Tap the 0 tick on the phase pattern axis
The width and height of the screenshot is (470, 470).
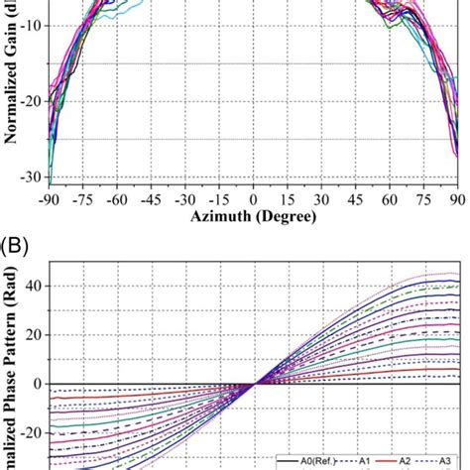(x=38, y=384)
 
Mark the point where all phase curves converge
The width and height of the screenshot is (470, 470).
(x=255, y=384)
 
